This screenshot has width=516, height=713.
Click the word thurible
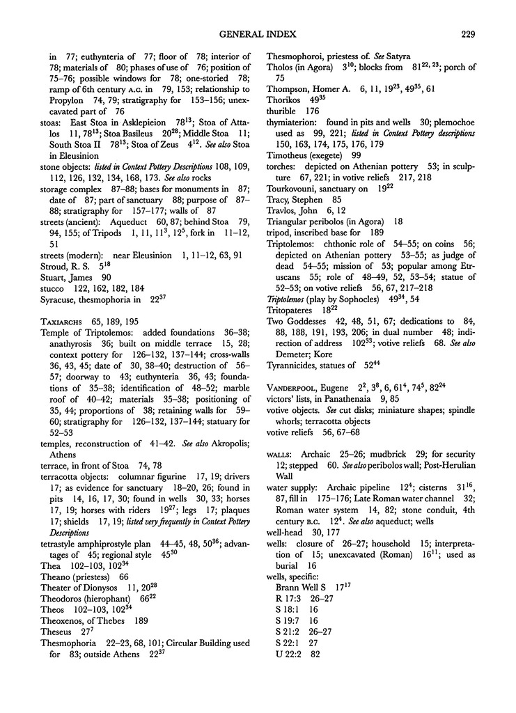pyautogui.click(x=284, y=111)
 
